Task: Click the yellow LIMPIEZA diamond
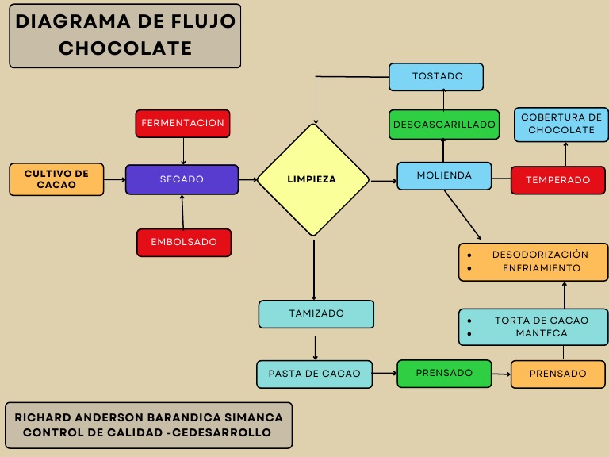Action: coord(313,179)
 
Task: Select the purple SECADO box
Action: coord(182,179)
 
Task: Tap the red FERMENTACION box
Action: coord(183,123)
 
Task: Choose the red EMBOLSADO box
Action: coord(184,242)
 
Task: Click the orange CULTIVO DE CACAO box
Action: coord(56,179)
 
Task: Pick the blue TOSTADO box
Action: coord(437,76)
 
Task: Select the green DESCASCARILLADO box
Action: coord(444,125)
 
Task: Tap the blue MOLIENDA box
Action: coord(444,175)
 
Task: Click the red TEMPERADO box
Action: coord(557,180)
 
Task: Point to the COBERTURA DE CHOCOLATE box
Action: coord(561,124)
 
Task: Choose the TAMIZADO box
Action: coord(316,313)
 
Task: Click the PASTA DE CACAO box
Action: coord(314,374)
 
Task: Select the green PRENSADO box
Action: coord(444,373)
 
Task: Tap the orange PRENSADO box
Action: coord(557,374)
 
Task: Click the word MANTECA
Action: coord(542,333)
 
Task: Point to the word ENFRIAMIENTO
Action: coord(542,268)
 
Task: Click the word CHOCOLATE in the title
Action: coord(125,48)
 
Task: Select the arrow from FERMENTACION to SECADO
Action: coord(183,151)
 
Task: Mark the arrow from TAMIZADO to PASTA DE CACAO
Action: coord(316,347)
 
